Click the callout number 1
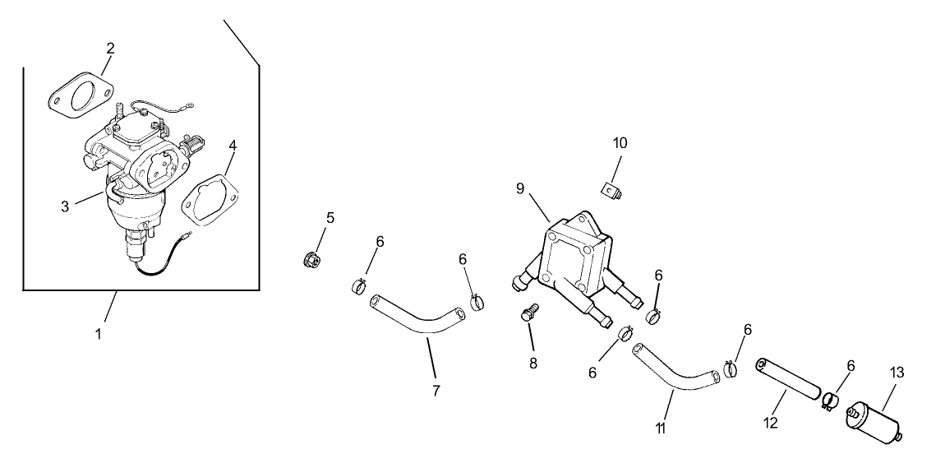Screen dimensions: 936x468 (99, 335)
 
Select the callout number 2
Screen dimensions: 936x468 (110, 49)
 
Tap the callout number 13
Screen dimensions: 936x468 (897, 373)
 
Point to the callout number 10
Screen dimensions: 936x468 (620, 142)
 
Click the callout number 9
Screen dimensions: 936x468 (520, 188)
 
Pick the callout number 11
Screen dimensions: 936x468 (662, 429)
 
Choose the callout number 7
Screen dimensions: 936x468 (436, 390)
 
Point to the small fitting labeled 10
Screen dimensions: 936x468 (613, 189)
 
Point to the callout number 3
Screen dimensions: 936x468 (65, 206)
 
